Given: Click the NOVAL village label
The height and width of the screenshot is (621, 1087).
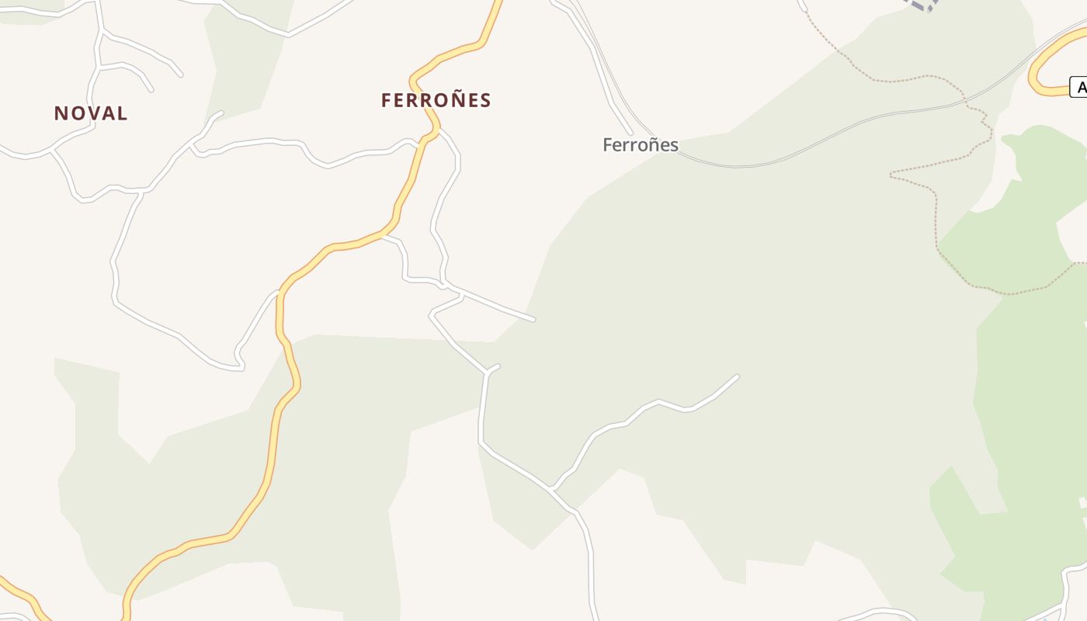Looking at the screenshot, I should [x=91, y=113].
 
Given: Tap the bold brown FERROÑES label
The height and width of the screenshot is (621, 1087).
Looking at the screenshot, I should [x=436, y=100].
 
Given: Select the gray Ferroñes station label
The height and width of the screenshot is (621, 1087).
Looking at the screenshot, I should [x=641, y=145].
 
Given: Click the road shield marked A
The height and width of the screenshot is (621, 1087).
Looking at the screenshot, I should [x=1079, y=87].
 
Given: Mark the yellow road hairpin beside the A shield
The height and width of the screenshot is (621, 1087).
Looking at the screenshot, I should [x=1035, y=78].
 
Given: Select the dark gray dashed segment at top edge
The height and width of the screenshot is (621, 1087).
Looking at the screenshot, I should [x=922, y=5].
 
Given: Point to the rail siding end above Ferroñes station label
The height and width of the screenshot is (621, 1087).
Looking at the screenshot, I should [x=630, y=132].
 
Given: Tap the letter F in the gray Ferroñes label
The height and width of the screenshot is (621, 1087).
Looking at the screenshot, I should [x=608, y=145].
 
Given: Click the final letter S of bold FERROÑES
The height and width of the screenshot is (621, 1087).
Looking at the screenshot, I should [x=485, y=100].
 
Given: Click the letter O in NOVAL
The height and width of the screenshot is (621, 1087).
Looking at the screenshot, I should [x=76, y=113].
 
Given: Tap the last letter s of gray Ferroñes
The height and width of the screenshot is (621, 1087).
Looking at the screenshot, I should [x=673, y=145].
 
